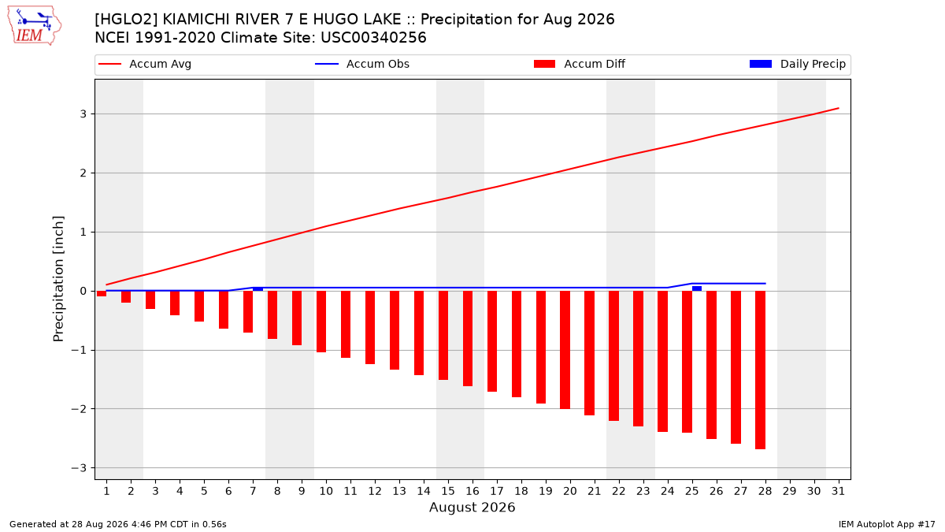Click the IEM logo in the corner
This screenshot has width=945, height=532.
[34, 25]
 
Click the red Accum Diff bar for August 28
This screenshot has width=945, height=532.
[760, 370]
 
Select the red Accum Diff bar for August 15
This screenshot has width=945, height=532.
[443, 335]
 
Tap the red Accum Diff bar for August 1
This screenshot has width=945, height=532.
[102, 293]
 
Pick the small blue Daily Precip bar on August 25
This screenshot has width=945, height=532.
[697, 288]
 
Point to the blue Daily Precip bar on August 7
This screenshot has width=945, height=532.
[258, 289]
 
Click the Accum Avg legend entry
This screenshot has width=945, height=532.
[145, 64]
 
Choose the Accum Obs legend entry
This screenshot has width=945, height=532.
[362, 64]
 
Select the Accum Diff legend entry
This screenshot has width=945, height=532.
[580, 64]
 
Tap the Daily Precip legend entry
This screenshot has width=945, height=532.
[797, 64]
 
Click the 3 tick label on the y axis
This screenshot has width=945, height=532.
[83, 114]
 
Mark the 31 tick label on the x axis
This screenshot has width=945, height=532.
[838, 491]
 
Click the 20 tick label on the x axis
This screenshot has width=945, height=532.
[570, 491]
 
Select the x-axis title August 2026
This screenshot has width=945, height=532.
[472, 507]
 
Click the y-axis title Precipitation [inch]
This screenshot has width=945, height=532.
[58, 279]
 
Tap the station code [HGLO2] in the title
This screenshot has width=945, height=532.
[126, 20]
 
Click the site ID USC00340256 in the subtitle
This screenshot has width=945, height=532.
[373, 38]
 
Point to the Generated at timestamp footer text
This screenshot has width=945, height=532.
[117, 524]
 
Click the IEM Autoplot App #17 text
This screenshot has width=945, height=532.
[887, 524]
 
